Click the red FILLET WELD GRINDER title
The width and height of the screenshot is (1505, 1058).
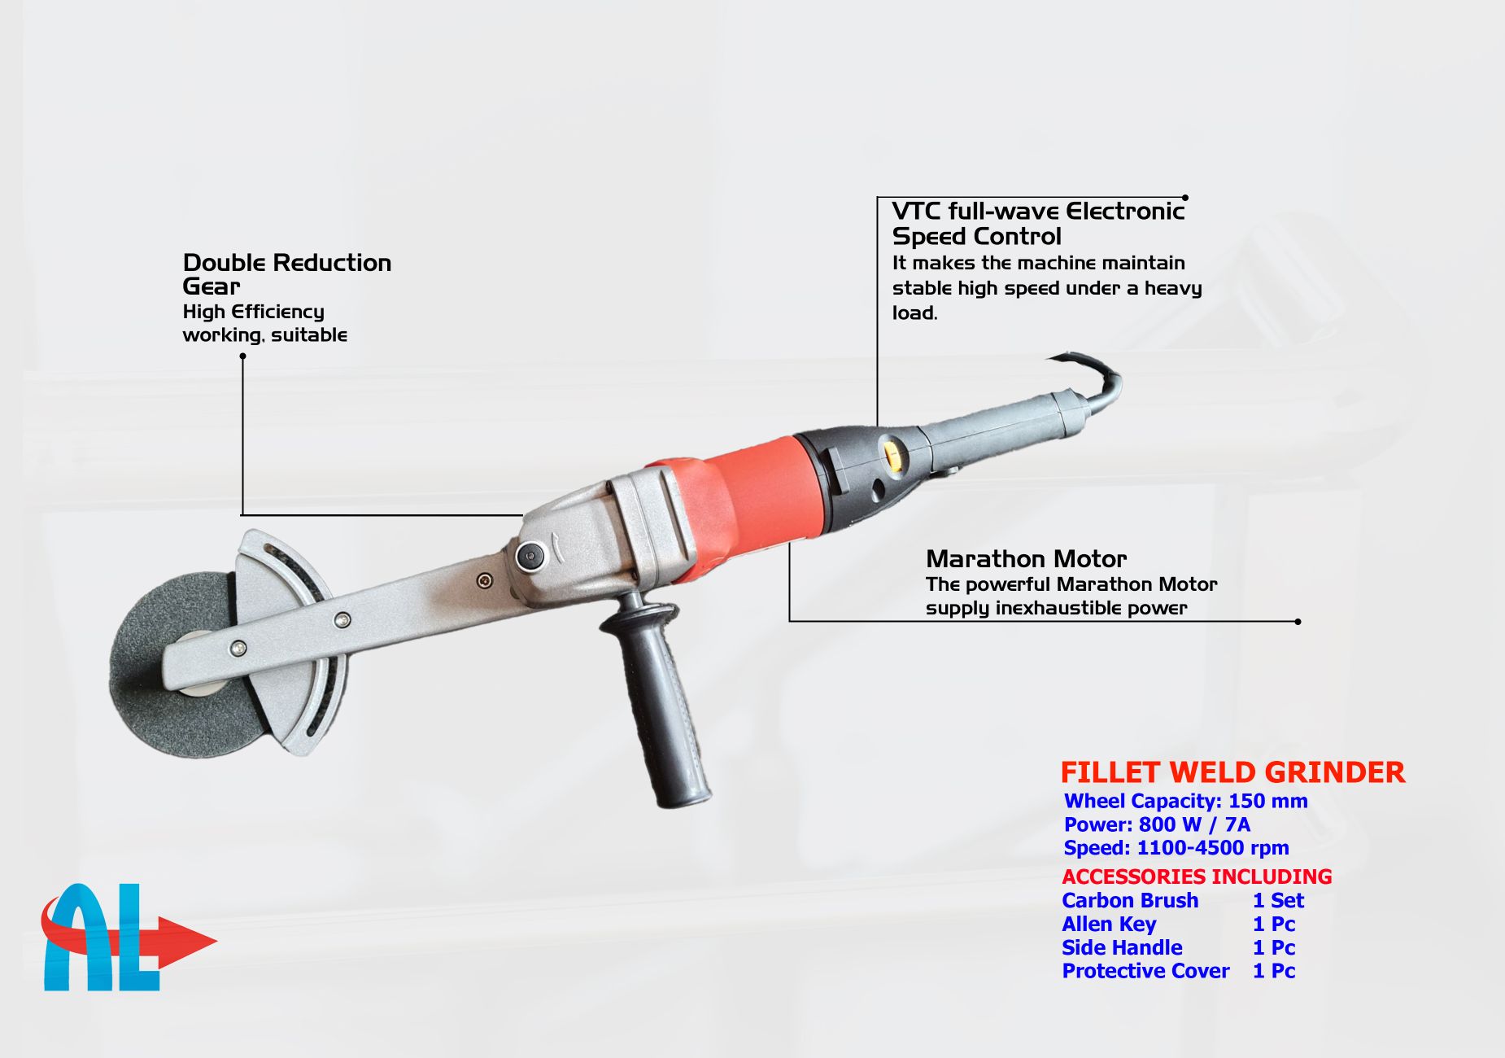(x=1232, y=772)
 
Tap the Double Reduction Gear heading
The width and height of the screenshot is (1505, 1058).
(x=286, y=274)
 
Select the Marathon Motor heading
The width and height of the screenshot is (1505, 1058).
(x=1026, y=559)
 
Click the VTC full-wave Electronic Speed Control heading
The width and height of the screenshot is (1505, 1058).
(x=1038, y=224)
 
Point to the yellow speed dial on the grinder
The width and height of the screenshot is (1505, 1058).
(x=892, y=454)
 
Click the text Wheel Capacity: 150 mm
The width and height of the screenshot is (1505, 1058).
(x=1185, y=801)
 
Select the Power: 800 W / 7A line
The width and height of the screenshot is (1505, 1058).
(x=1157, y=824)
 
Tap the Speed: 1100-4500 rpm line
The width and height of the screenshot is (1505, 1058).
(x=1176, y=848)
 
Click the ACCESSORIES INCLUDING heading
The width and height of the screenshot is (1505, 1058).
(x=1197, y=877)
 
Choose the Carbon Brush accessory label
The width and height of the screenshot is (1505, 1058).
(x=1130, y=900)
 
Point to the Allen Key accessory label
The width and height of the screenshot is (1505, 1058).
(x=1109, y=925)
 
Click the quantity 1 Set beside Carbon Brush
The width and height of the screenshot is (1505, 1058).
(x=1278, y=900)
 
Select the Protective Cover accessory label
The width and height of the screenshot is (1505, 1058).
(x=1145, y=971)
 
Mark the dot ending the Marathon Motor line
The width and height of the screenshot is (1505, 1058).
(x=1298, y=622)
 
